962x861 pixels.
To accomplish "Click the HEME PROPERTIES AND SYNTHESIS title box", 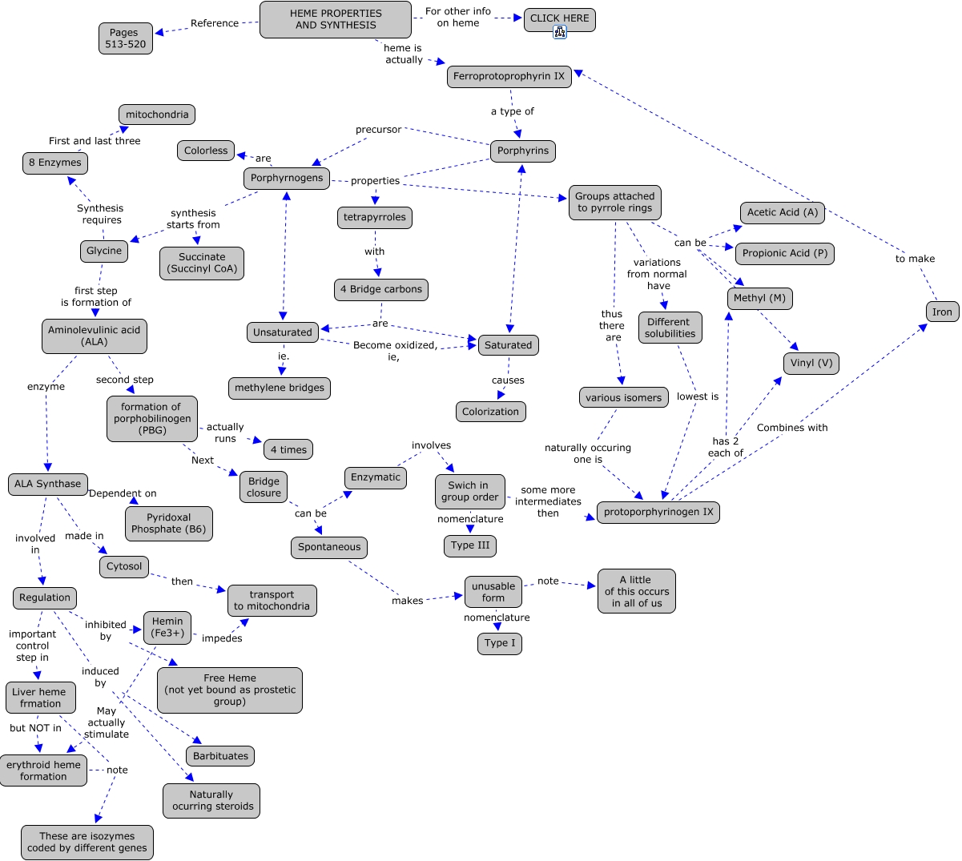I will pyautogui.click(x=336, y=19).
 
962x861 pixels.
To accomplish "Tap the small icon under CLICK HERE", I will pyautogui.click(x=560, y=32).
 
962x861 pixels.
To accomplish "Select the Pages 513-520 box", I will pyautogui.click(x=125, y=38).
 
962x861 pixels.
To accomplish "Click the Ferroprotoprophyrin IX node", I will pyautogui.click(x=509, y=77).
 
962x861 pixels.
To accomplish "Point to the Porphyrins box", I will pyautogui.click(x=523, y=151).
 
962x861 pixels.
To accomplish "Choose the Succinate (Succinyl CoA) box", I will pyautogui.click(x=202, y=263).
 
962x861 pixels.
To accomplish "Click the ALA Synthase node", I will pyautogui.click(x=47, y=484).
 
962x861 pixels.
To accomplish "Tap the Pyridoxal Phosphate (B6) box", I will pyautogui.click(x=168, y=523).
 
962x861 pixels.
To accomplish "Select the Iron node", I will pyautogui.click(x=942, y=312).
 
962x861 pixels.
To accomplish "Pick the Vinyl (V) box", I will pyautogui.click(x=811, y=363).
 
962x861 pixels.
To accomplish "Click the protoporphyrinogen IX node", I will pyautogui.click(x=658, y=512).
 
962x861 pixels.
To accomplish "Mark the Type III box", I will pyautogui.click(x=469, y=545).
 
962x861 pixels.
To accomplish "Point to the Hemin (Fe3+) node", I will pyautogui.click(x=167, y=627).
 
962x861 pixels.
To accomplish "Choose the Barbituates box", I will pyautogui.click(x=220, y=756).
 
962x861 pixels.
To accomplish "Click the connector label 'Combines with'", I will pyautogui.click(x=791, y=428).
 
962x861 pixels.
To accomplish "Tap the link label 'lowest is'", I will pyautogui.click(x=697, y=396).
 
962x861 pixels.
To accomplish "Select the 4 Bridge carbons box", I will pyautogui.click(x=380, y=289).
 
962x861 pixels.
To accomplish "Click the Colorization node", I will pyautogui.click(x=490, y=412).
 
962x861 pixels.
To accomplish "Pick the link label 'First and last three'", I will pyautogui.click(x=95, y=141).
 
